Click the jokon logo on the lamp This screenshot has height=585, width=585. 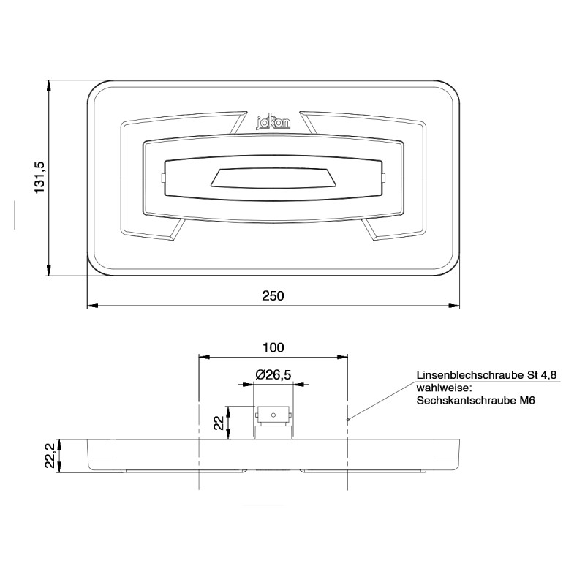[x=273, y=123]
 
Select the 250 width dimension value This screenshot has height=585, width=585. [x=273, y=295]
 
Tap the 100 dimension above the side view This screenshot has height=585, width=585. [x=273, y=347]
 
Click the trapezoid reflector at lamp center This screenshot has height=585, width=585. [x=273, y=178]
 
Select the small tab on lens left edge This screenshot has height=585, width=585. [x=163, y=178]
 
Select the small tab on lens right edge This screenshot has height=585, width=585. [x=382, y=178]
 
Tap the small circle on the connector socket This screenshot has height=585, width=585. [x=273, y=415]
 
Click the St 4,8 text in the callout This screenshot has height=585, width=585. [x=541, y=374]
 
